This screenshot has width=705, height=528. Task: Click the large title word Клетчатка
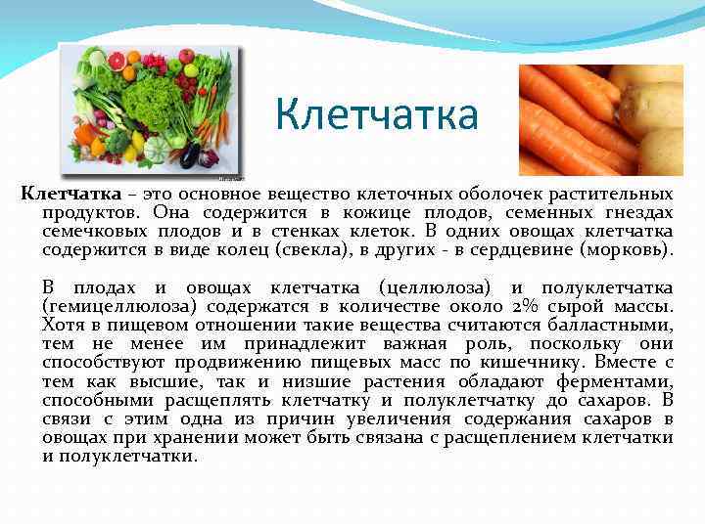pyautogui.click(x=377, y=115)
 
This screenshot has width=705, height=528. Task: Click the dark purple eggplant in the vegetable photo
pyautogui.click(x=187, y=154)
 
